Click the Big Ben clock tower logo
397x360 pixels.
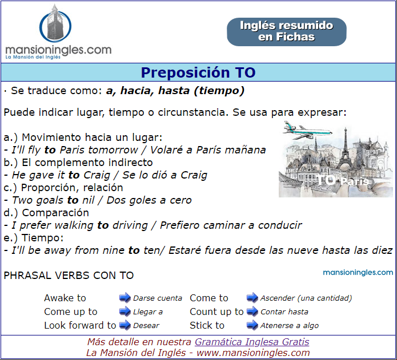coord(55,24)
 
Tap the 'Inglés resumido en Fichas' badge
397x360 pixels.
coord(286,31)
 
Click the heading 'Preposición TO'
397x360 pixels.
coord(198,72)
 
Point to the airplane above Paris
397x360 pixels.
coord(307,130)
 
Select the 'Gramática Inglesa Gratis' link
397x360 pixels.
coord(252,342)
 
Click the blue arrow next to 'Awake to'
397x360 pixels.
coord(125,298)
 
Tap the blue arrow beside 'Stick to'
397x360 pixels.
coord(252,325)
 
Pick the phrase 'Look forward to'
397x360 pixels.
coord(80,325)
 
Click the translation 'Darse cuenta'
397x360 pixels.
coord(158,298)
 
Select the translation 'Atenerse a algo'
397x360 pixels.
coord(290,325)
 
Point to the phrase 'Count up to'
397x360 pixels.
coord(216,312)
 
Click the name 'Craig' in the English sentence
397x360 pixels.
coord(97,175)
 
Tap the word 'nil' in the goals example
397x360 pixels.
coord(89,200)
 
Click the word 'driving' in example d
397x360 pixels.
coord(130,225)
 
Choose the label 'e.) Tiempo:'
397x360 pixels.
coord(34,238)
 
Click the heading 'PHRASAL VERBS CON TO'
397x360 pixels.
coord(69,276)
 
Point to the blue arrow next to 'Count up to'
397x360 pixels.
coord(252,311)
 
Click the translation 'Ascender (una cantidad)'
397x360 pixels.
coord(306,298)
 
